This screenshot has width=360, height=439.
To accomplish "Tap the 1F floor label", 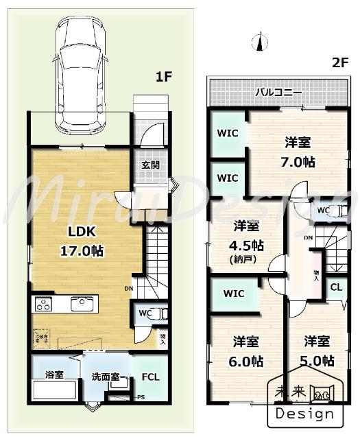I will (163, 77).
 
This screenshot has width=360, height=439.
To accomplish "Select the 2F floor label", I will (339, 62).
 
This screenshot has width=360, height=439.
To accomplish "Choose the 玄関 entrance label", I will (151, 165).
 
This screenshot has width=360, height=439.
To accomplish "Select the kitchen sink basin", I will (82, 303).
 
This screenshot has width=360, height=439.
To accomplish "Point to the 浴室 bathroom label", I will (55, 375).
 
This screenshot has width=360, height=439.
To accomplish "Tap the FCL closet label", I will (150, 377).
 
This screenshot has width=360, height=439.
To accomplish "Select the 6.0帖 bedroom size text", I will (245, 360).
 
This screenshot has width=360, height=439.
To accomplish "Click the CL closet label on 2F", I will (337, 287).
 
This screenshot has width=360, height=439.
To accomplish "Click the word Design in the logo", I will (305, 413).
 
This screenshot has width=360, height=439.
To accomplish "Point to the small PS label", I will (141, 397).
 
